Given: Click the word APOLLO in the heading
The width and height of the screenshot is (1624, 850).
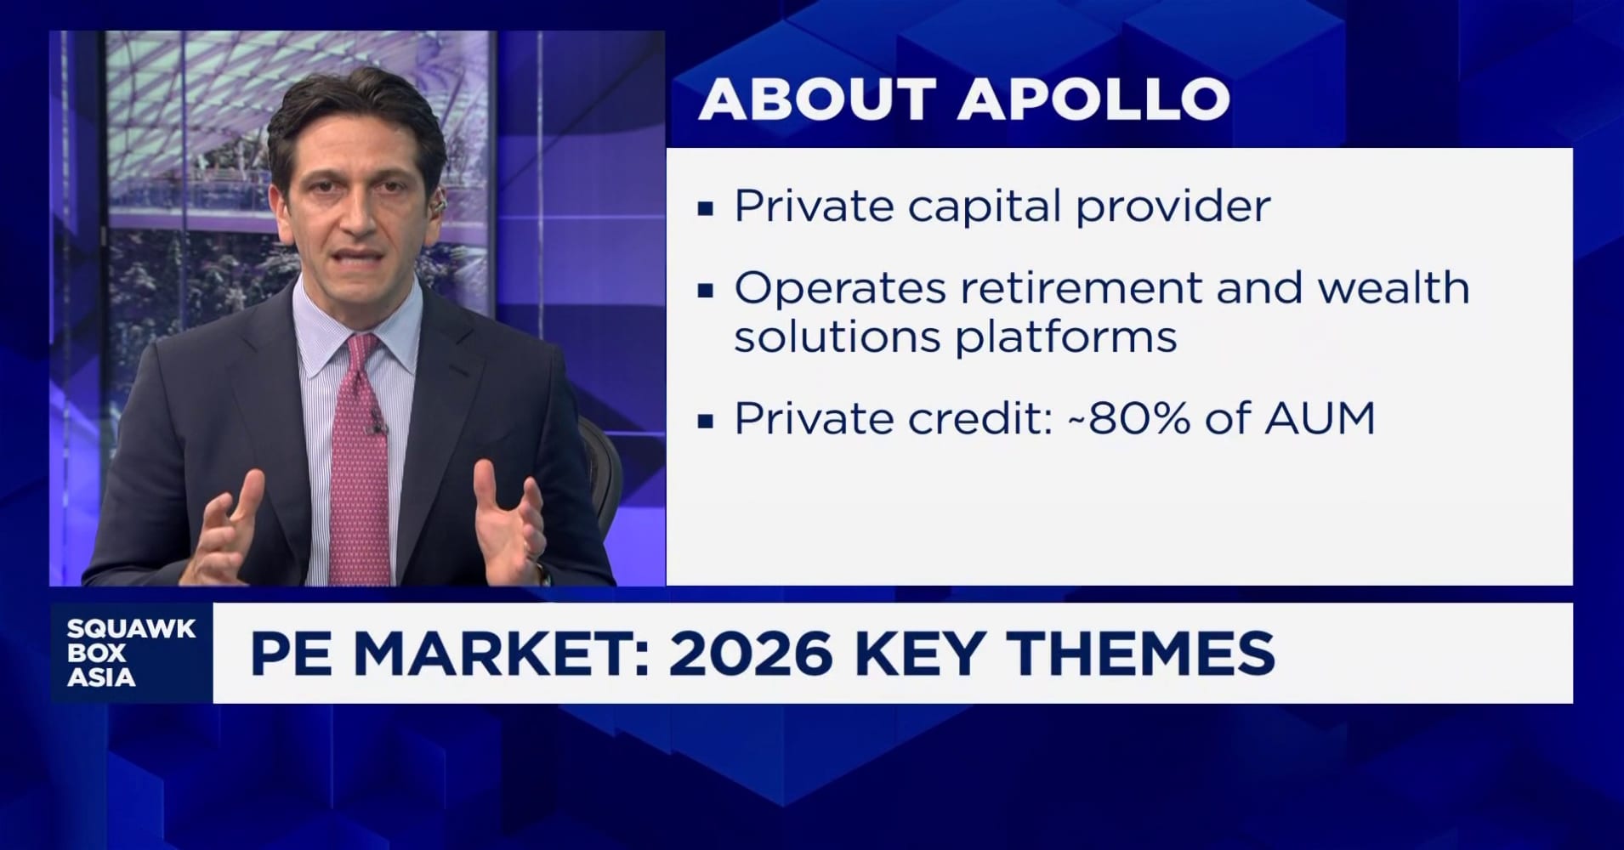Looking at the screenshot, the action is [1094, 99].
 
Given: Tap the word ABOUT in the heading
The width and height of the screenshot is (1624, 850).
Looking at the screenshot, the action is [817, 99].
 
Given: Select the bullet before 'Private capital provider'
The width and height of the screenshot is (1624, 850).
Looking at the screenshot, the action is [705, 208].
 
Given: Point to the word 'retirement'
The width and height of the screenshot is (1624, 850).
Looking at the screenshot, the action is [1081, 288].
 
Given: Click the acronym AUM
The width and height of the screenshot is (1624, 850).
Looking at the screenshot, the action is [1319, 418].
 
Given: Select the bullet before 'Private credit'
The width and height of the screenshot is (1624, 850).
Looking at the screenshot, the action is [705, 420].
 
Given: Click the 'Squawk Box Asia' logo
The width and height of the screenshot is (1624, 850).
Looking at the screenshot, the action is [131, 653].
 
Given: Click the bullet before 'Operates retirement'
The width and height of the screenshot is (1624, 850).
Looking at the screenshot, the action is [705, 290].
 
